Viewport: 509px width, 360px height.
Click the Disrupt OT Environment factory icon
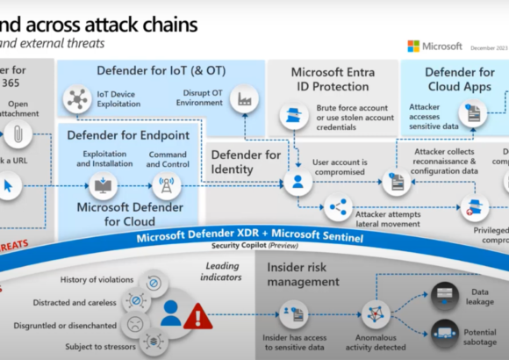[241, 101]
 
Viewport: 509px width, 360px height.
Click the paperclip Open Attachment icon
[17, 133]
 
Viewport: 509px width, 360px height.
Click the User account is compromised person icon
[298, 183]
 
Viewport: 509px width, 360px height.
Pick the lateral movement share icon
[337, 208]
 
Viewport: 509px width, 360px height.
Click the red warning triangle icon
[197, 314]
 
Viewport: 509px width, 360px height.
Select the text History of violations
[96, 279]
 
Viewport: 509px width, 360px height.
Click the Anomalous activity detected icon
[376, 313]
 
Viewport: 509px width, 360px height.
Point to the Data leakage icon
[445, 292]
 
